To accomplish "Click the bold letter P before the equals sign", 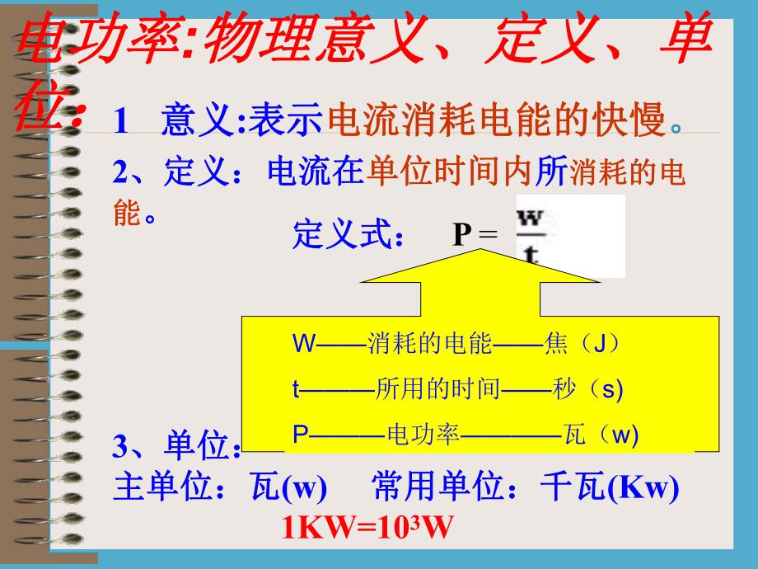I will (461, 237).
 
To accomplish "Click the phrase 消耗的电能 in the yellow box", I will (429, 343).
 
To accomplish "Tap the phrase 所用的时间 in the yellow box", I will (437, 388).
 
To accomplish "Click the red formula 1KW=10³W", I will (368, 525).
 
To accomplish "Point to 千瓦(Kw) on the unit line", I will (610, 489).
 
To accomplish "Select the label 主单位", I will (155, 489).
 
